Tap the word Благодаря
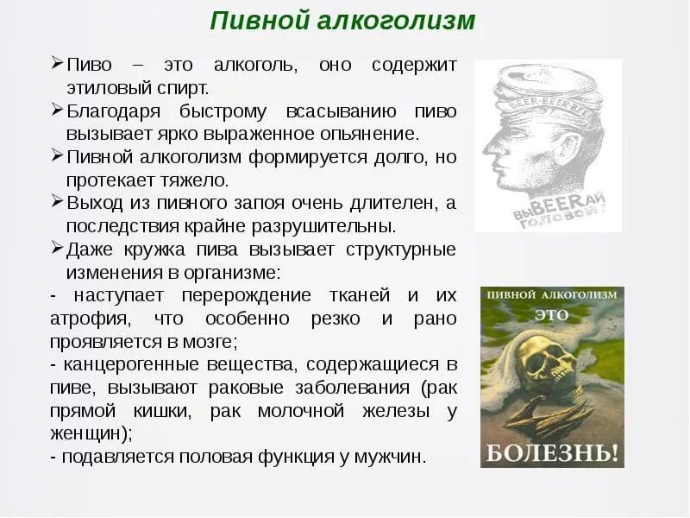click(111, 111)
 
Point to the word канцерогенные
click(121, 364)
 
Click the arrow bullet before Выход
click(57, 201)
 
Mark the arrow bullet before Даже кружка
click(57, 248)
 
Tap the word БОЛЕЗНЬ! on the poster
click(551, 451)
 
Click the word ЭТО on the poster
click(551, 315)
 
